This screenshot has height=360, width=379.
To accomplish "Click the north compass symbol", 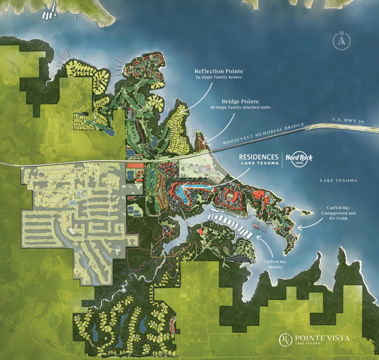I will click(x=341, y=41).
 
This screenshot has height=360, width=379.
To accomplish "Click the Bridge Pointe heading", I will click(x=241, y=101).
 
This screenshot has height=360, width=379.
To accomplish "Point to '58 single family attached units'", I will click(x=241, y=107).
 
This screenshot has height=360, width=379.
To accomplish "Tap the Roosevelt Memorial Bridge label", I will click(x=263, y=134).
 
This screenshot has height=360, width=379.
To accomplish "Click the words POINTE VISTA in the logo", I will click(x=322, y=337).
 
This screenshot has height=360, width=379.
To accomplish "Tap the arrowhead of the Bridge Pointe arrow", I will click(x=204, y=142).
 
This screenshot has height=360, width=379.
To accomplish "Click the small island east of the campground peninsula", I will click(x=307, y=212).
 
